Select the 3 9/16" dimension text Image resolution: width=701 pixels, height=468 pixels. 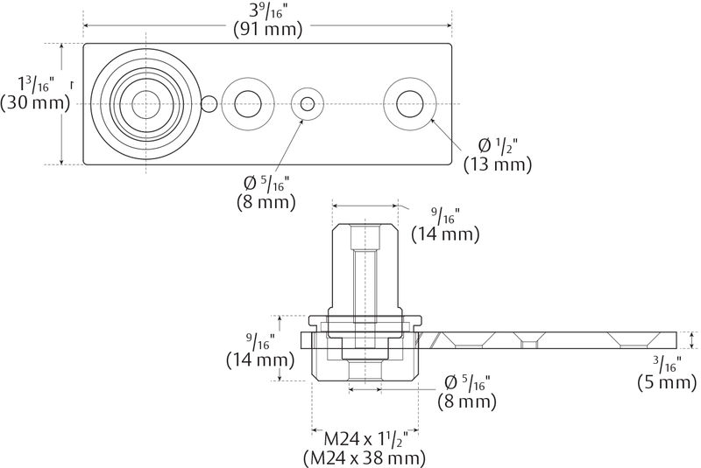point(268,10)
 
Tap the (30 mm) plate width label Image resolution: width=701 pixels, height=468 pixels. point(34,103)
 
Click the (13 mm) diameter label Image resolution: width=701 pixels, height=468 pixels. point(498,164)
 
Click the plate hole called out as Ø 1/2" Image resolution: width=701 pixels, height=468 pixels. point(407,104)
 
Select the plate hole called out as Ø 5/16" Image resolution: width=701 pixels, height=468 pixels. point(307,104)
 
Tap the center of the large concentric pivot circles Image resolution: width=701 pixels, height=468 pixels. point(142,104)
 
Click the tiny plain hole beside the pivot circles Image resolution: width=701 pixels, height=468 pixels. point(209,104)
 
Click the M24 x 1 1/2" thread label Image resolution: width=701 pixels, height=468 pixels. point(365,438)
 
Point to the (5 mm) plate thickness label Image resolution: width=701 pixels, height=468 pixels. point(668,382)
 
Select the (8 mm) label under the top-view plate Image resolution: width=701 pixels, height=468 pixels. point(266,201)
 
